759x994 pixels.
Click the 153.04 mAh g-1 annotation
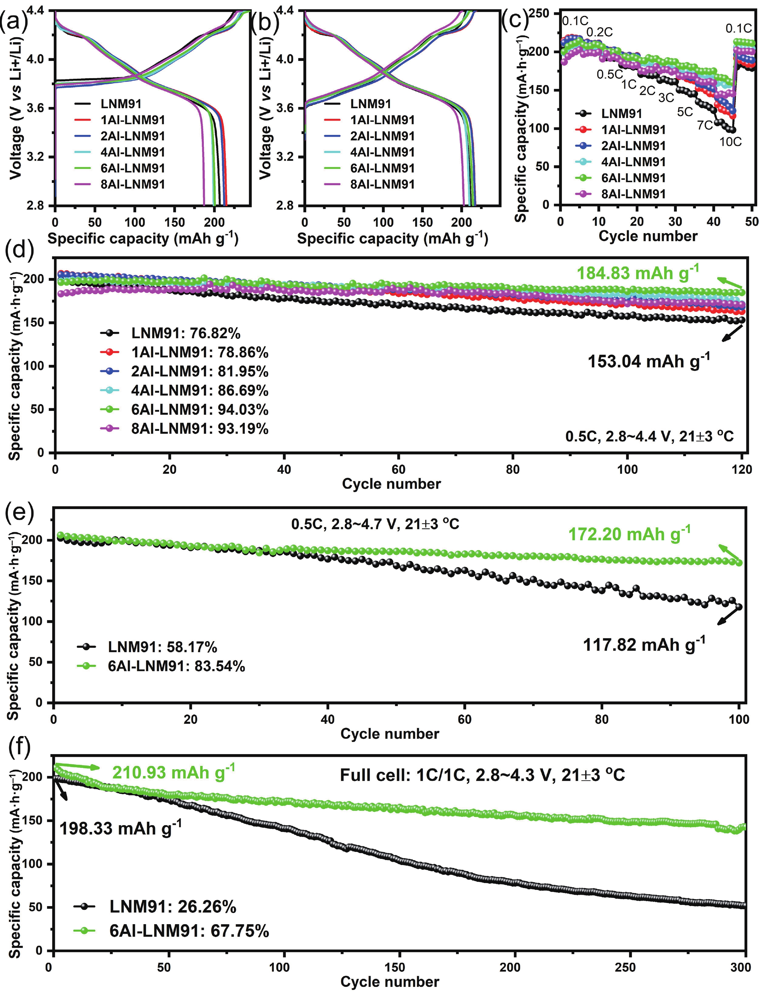(649, 361)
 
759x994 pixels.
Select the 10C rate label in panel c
(731, 142)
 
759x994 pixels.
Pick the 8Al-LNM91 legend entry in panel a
(132, 184)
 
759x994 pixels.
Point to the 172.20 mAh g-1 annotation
(629, 534)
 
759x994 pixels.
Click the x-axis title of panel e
(389, 734)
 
